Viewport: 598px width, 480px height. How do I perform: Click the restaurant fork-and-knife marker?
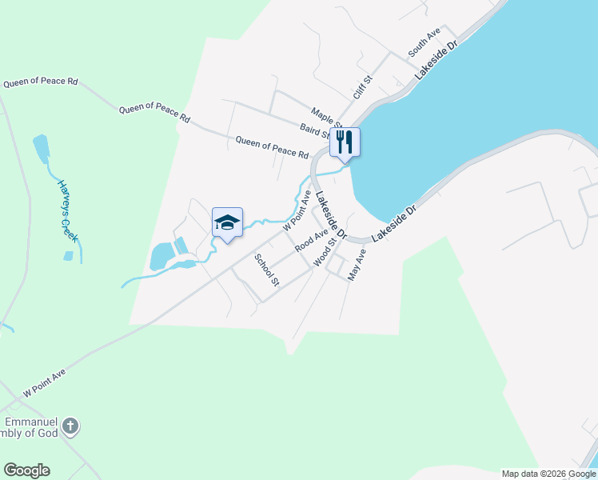(x=345, y=142)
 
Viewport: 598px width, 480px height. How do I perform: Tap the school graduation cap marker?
(x=227, y=222)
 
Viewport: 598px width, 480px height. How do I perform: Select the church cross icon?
(x=70, y=426)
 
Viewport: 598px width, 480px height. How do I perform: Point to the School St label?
(x=266, y=270)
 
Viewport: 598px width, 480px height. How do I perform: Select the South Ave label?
(x=425, y=42)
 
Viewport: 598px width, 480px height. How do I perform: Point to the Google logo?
(x=26, y=470)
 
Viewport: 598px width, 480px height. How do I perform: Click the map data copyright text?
(x=549, y=474)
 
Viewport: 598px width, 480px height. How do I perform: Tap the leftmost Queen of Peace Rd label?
(x=40, y=82)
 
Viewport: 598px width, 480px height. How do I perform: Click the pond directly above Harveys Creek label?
(x=41, y=148)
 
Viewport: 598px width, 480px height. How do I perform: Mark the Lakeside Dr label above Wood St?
(x=330, y=216)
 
